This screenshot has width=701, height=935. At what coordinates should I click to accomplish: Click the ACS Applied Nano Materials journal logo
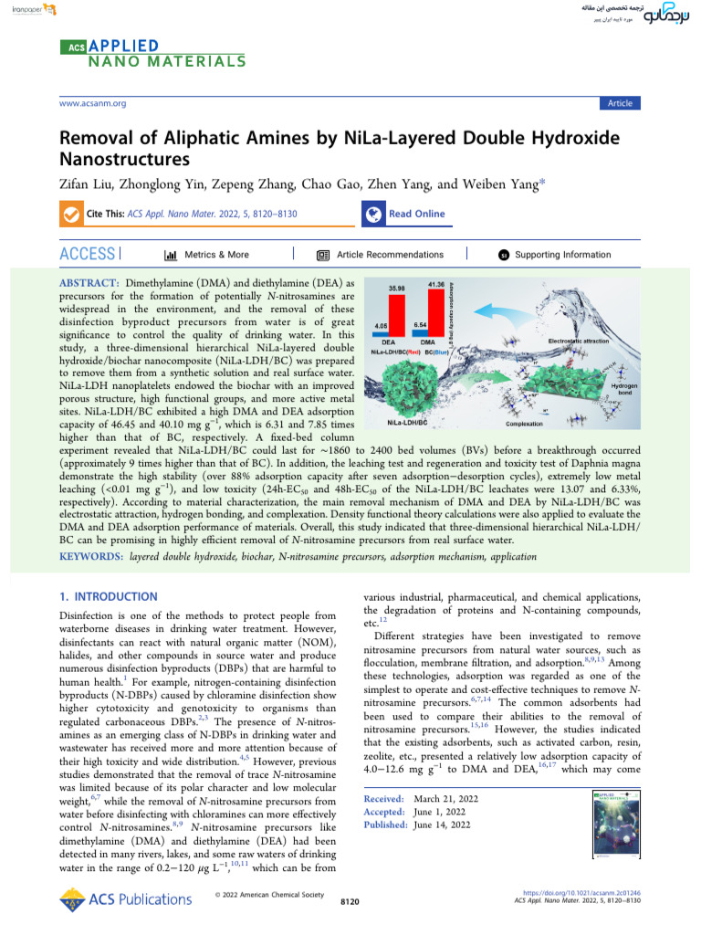152,53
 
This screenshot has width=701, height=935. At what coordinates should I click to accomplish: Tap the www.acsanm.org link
92,103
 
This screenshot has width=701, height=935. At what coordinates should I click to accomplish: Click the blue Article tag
620,103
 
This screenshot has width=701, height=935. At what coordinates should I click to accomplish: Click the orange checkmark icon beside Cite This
69,214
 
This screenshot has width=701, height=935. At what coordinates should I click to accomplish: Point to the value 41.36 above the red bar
435,285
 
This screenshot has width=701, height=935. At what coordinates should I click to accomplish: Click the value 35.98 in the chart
397,289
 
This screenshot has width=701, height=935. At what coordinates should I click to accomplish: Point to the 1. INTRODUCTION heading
108,597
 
